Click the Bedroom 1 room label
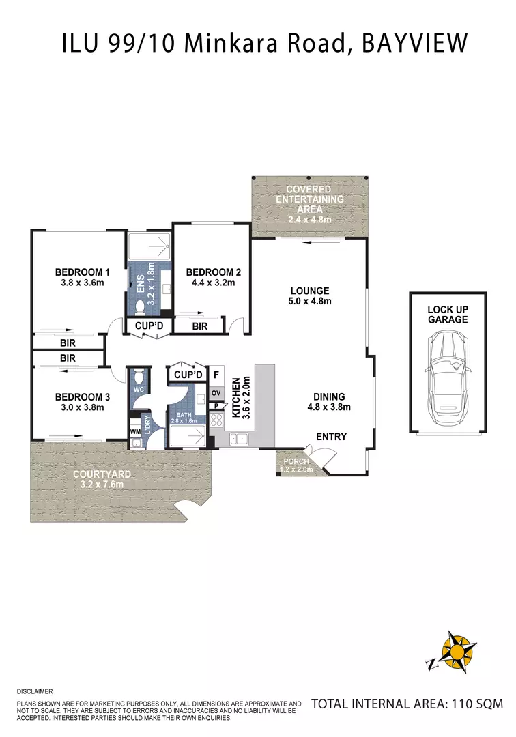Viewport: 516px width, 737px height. [x=82, y=272]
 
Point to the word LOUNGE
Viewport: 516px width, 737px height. [x=309, y=290]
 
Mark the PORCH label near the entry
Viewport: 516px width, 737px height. [x=296, y=461]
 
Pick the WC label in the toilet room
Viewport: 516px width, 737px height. [x=137, y=390]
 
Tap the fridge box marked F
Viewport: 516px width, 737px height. [x=216, y=375]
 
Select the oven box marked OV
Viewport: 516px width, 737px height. [x=216, y=393]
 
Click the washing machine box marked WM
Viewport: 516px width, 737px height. [x=135, y=431]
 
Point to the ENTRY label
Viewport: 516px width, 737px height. [x=331, y=437]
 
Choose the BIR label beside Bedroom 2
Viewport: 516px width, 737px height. [x=199, y=327]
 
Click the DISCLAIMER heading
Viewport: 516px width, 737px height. [x=34, y=691]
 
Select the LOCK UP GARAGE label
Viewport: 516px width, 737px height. [x=448, y=314]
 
